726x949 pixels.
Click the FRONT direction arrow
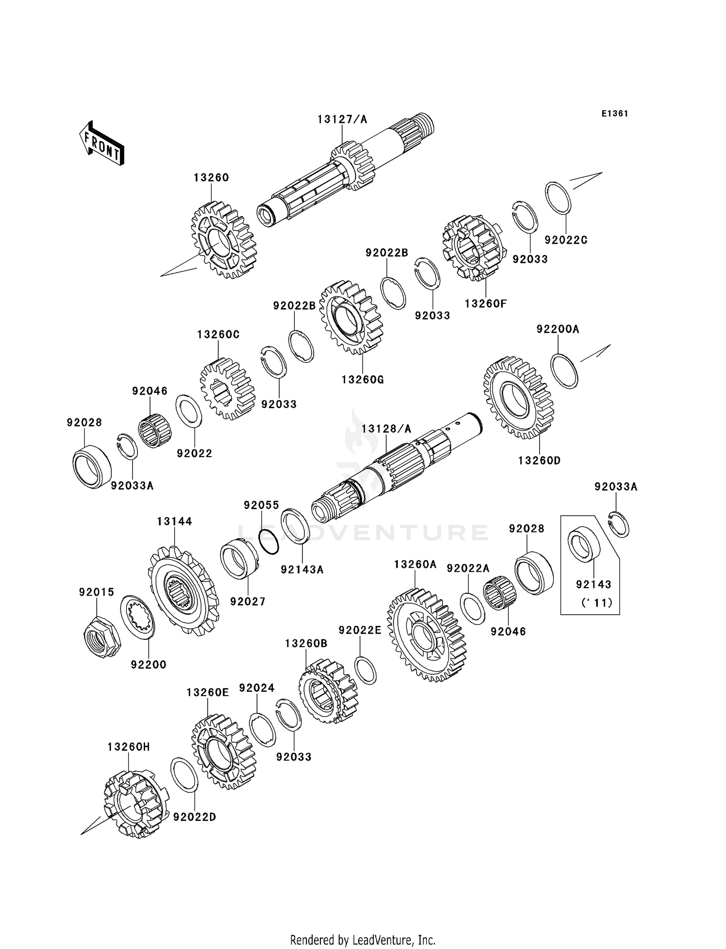[102, 144]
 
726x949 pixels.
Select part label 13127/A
[342, 119]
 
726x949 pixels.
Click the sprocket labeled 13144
[183, 591]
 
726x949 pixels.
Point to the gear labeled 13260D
[518, 398]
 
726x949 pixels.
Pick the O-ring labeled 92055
[269, 542]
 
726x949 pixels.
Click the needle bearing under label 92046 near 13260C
[155, 430]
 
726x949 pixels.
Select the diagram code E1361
[615, 113]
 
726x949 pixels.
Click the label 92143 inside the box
[593, 584]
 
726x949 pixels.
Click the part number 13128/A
[386, 429]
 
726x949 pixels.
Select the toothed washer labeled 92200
[137, 617]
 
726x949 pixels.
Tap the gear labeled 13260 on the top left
[224, 240]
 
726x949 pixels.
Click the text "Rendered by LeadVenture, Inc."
[363, 940]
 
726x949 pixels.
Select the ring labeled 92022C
[559, 197]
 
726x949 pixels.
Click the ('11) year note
[597, 603]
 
